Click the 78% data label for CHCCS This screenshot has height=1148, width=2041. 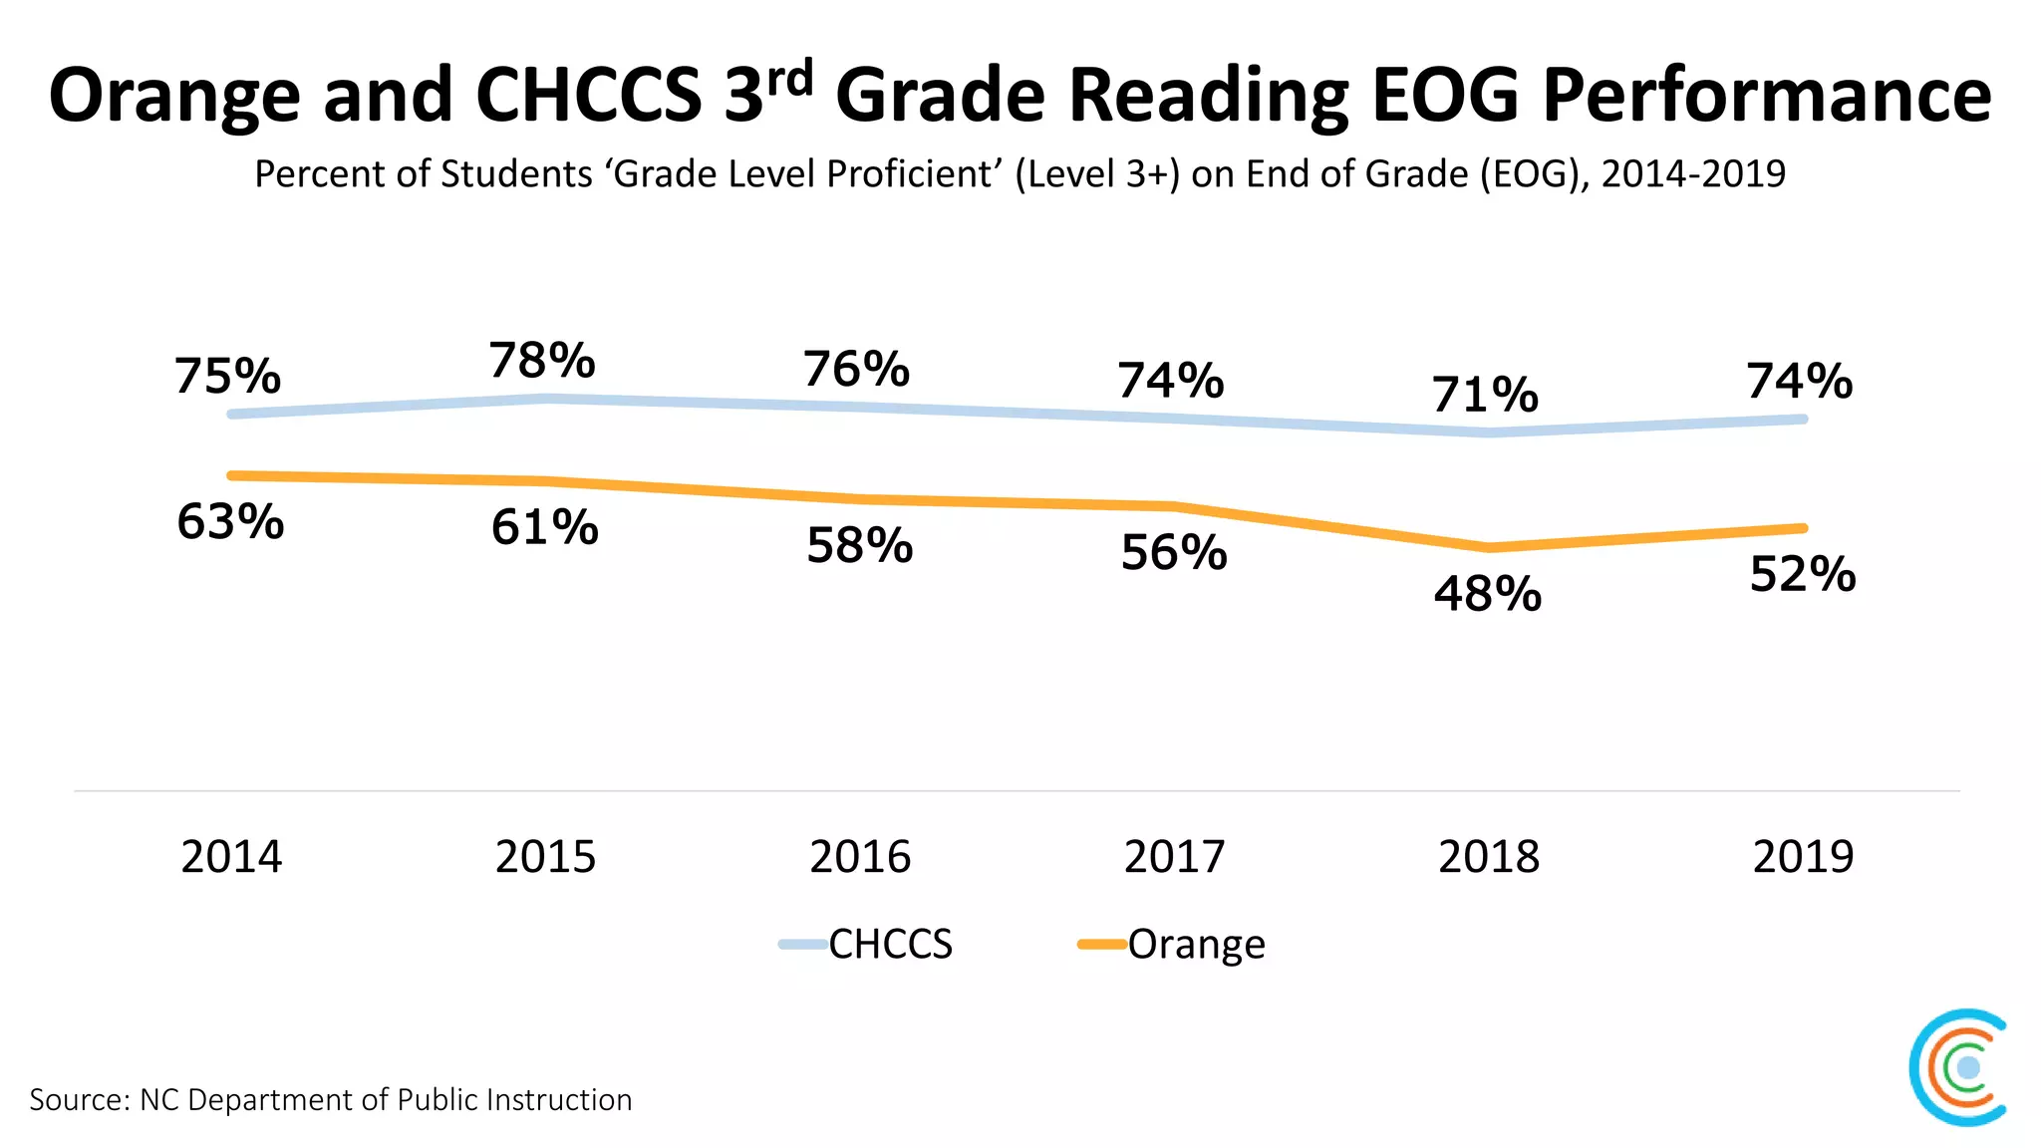[542, 361]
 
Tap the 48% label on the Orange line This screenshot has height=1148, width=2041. [1488, 594]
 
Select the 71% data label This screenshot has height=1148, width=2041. [1485, 395]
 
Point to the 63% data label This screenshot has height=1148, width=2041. [230, 522]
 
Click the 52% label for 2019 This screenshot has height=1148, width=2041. [1803, 575]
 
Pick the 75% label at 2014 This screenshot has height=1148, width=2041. [227, 377]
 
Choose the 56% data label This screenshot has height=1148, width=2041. [1174, 553]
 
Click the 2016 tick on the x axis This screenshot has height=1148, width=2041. [860, 857]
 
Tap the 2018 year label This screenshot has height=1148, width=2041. [1489, 857]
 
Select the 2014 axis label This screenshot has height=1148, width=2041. [231, 857]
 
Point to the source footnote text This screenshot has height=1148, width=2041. [331, 1099]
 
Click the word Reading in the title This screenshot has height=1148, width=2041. [1209, 96]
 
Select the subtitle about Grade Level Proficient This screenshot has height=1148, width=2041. [1020, 174]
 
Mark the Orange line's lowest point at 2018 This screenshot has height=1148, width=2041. [1489, 547]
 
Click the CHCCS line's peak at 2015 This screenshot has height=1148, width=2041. [546, 399]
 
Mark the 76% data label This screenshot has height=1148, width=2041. [857, 370]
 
